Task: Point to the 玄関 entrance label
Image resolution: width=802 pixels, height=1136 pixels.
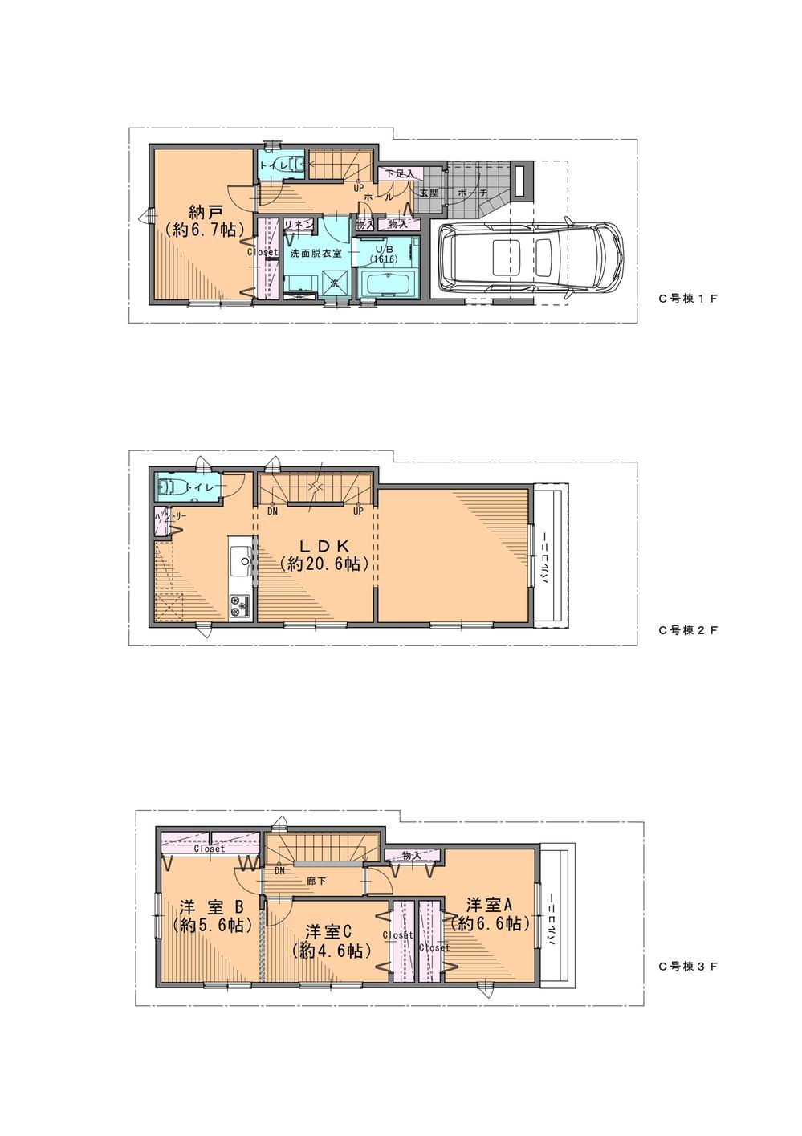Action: click(x=428, y=193)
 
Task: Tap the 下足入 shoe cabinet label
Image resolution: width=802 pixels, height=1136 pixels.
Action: click(x=399, y=173)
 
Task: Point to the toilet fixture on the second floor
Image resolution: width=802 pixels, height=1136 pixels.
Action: click(x=169, y=487)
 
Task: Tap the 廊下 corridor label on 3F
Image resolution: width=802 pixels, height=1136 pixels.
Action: click(x=316, y=880)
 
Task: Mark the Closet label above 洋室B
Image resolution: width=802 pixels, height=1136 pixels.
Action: click(x=208, y=848)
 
